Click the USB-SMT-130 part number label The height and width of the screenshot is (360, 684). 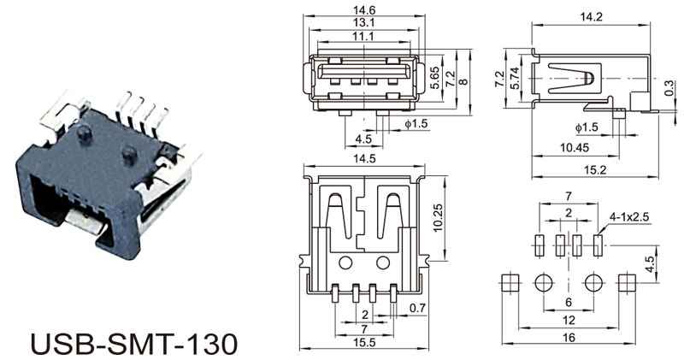[x=135, y=344]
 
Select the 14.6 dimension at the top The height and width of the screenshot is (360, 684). [x=364, y=9]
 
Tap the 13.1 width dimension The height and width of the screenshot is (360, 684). [x=364, y=22]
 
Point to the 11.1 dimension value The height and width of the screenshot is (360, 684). [x=363, y=36]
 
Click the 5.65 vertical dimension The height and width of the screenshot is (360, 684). [x=434, y=78]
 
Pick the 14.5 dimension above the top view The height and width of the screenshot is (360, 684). [x=365, y=158]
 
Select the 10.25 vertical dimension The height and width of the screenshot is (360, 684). [x=438, y=217]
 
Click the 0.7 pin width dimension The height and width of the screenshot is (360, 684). [x=417, y=308]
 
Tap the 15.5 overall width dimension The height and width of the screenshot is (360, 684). [x=365, y=342]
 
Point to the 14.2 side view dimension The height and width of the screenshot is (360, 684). [x=591, y=16]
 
